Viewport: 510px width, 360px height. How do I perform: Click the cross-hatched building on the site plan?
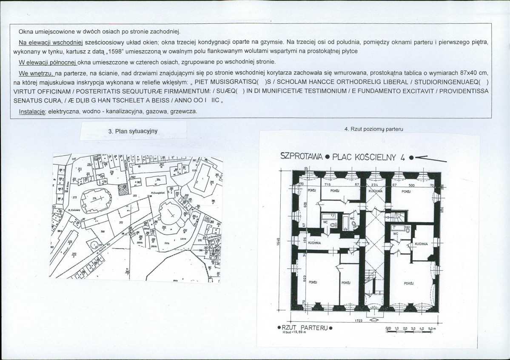pyautogui.click(x=123, y=189)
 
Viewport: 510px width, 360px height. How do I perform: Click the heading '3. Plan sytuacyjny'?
pyautogui.click(x=133, y=131)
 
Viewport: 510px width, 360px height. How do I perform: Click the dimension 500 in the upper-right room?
pyautogui.click(x=411, y=186)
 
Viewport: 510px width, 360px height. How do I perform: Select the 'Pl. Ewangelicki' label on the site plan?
pyautogui.click(x=158, y=193)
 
